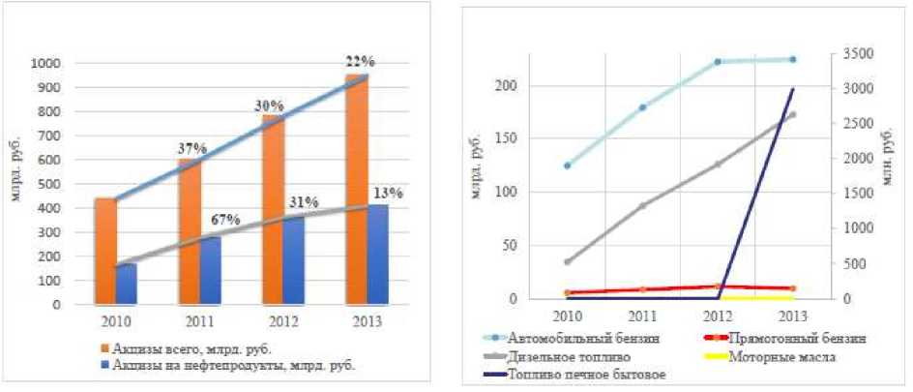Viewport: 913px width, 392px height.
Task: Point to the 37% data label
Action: pyautogui.click(x=191, y=148)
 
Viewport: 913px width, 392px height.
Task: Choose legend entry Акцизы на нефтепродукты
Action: pyautogui.click(x=227, y=365)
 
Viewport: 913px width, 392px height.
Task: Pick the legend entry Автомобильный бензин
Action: pyautogui.click(x=585, y=339)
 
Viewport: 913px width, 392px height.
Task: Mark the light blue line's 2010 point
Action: pyautogui.click(x=568, y=166)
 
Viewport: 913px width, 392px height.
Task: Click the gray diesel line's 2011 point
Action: pyautogui.click(x=642, y=206)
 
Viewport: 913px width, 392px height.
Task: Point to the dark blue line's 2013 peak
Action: pyautogui.click(x=793, y=89)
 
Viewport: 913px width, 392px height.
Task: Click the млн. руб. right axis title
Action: pyautogui.click(x=886, y=156)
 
